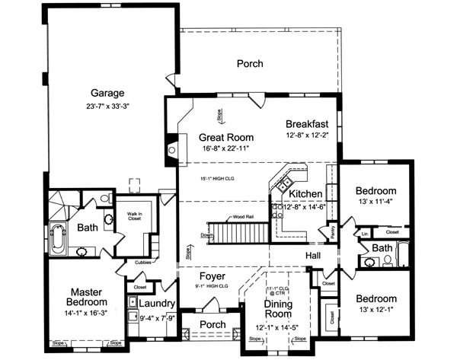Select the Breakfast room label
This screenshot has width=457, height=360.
click(306, 124)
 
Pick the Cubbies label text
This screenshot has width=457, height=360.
click(143, 263)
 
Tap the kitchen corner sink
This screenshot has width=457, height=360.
click(283, 183)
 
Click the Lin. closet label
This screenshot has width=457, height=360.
click(365, 233)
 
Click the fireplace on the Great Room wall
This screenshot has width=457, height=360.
click(172, 148)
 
